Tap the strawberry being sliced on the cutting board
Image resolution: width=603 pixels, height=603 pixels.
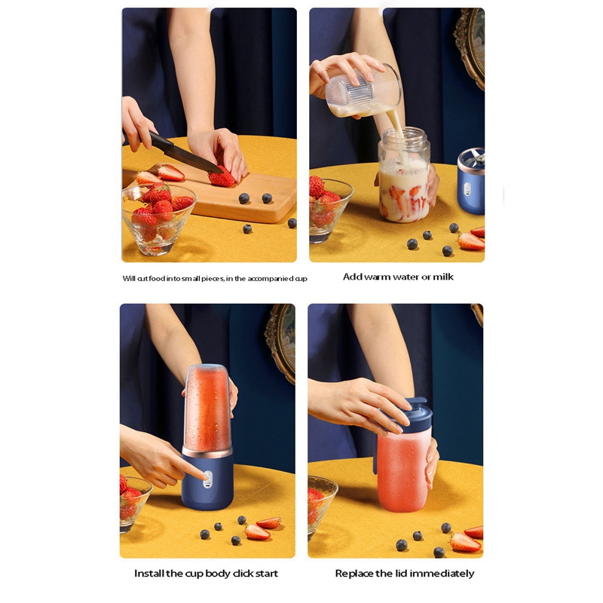[222, 177]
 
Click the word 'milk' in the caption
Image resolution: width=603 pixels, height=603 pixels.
[443, 277]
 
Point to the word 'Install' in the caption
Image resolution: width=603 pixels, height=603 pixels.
[148, 574]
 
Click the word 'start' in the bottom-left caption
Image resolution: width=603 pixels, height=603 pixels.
[267, 574]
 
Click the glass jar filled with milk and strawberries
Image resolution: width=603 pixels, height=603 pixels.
[404, 175]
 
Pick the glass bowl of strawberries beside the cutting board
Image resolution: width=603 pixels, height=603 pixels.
[158, 219]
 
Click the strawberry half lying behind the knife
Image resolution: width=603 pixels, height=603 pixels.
[171, 173]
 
